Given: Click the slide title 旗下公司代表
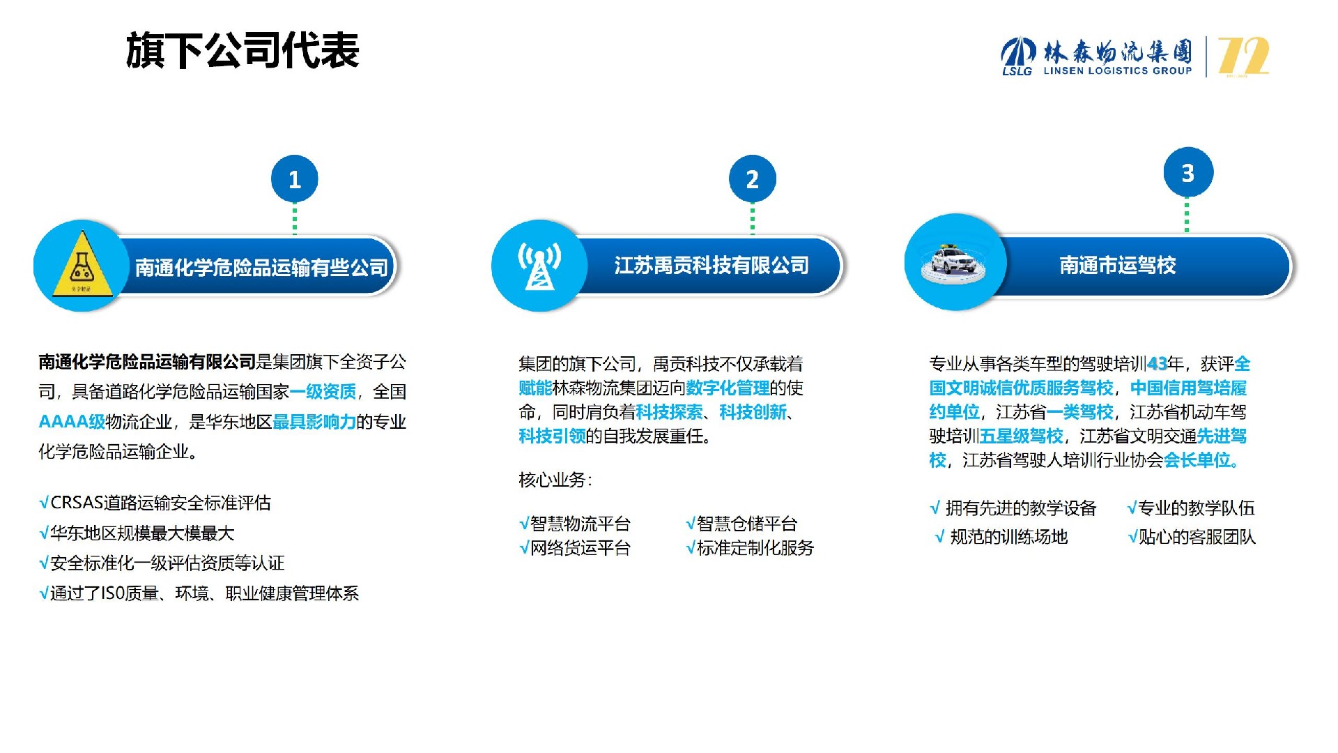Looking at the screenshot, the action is [243, 51].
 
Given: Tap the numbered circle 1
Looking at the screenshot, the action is [295, 179].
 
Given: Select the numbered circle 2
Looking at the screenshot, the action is [753, 179].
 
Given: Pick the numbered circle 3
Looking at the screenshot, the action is [1188, 172].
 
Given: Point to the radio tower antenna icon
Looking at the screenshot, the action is [539, 266].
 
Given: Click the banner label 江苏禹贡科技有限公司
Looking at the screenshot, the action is [712, 266].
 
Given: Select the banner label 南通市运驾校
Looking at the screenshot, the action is [1118, 266].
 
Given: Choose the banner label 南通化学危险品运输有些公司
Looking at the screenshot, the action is [261, 268].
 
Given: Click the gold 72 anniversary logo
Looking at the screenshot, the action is [1243, 56].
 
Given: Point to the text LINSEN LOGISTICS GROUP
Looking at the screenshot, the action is [1118, 70].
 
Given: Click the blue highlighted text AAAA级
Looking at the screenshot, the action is [72, 422].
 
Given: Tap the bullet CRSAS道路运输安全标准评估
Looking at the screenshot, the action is [155, 503].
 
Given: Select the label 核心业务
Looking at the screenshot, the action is [555, 480].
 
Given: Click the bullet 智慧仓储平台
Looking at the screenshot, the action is [741, 524].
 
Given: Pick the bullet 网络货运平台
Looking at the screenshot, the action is [575, 548].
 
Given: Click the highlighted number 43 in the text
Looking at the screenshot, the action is [1157, 364].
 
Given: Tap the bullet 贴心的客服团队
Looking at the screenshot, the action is [1192, 537].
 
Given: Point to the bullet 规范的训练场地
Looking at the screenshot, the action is [1001, 537].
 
